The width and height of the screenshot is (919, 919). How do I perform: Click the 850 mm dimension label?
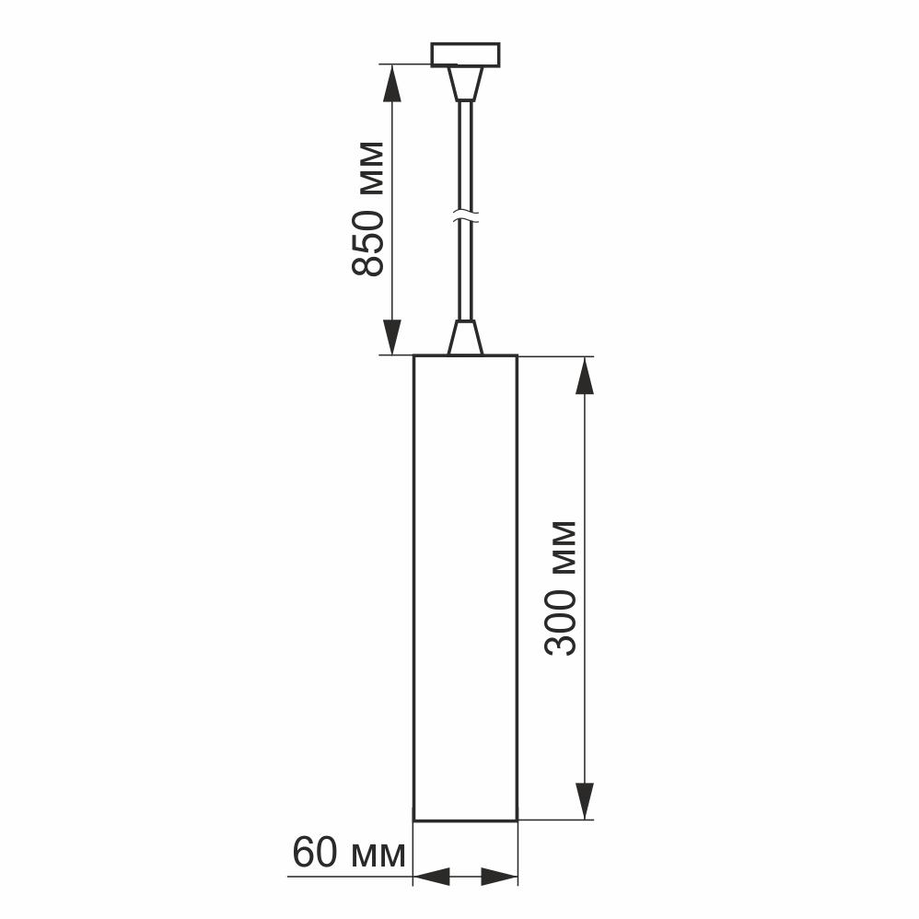coord(368,209)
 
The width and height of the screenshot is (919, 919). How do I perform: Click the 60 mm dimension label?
coord(348,854)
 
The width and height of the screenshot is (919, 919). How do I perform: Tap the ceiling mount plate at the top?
coord(465,54)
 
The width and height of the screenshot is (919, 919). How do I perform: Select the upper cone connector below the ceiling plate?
coord(465,84)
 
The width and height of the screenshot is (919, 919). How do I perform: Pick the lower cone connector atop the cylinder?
coord(465,338)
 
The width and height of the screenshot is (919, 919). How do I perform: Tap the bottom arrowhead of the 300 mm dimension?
coord(585,799)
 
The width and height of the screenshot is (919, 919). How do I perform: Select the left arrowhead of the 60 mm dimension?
coord(431,877)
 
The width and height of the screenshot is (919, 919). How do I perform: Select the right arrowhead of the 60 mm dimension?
coord(499,877)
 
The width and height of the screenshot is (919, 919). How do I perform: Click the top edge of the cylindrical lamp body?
coord(465,355)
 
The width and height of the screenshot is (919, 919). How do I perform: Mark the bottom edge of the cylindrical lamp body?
coord(465,819)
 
